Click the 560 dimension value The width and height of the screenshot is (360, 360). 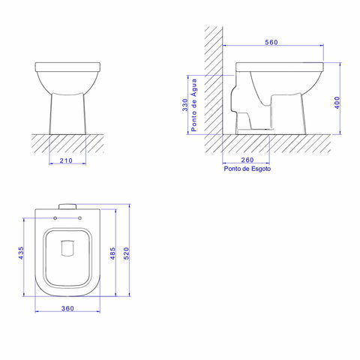click(x=271, y=42)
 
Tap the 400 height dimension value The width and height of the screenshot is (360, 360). click(x=337, y=103)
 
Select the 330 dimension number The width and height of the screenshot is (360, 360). click(x=185, y=105)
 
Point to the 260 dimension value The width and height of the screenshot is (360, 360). click(x=247, y=160)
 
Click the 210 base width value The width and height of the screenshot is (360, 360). click(x=66, y=160)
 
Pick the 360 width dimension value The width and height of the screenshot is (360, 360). click(x=67, y=308)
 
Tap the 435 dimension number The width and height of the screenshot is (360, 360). click(x=21, y=253)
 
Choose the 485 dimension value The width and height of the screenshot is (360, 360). click(x=113, y=253)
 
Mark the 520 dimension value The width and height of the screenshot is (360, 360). click(x=127, y=253)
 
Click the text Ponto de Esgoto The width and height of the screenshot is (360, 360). click(x=247, y=169)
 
